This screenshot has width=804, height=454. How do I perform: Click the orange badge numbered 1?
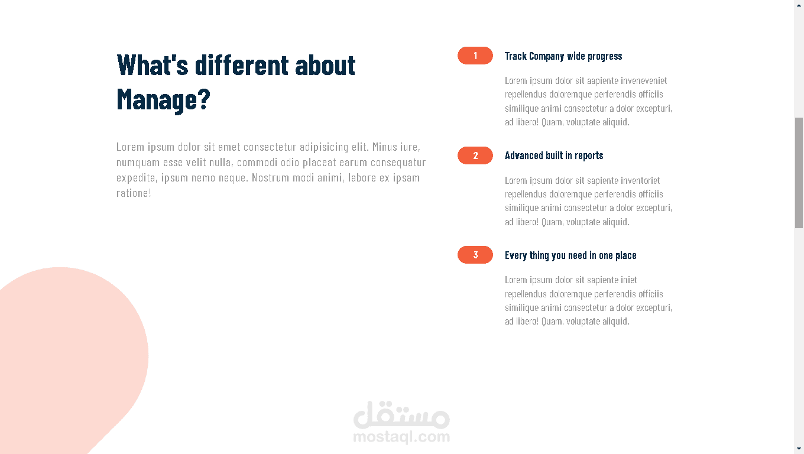pyautogui.click(x=475, y=56)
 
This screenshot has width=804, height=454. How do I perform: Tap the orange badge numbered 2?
pyautogui.click(x=475, y=155)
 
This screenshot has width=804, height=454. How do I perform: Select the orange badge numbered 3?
pyautogui.click(x=475, y=255)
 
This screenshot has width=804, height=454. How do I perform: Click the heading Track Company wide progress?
pyautogui.click(x=563, y=56)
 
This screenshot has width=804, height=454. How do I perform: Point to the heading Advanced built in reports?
pyautogui.click(x=554, y=155)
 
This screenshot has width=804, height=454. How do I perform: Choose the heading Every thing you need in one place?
pyautogui.click(x=570, y=255)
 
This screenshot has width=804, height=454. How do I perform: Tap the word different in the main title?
pyautogui.click(x=242, y=65)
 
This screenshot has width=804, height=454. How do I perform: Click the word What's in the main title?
pyautogui.click(x=153, y=65)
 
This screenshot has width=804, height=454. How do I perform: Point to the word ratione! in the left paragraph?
pyautogui.click(x=134, y=193)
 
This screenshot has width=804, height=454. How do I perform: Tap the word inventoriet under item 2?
pyautogui.click(x=640, y=180)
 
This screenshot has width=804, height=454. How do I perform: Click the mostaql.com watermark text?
pyautogui.click(x=401, y=437)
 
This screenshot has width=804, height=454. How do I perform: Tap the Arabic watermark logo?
pyautogui.click(x=401, y=415)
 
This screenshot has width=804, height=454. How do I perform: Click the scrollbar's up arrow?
pyautogui.click(x=799, y=5)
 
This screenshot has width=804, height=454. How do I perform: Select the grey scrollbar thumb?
pyautogui.click(x=799, y=173)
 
